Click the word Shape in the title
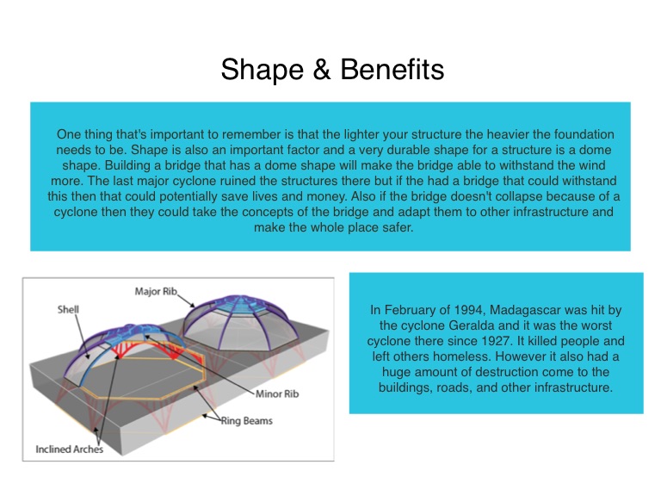(x=262, y=70)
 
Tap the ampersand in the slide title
(x=322, y=70)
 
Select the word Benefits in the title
(x=392, y=69)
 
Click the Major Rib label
(x=156, y=292)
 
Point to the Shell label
(x=68, y=310)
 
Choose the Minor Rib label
(x=277, y=394)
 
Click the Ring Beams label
(x=247, y=420)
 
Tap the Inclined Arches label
(x=69, y=449)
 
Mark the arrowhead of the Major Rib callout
(x=193, y=305)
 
